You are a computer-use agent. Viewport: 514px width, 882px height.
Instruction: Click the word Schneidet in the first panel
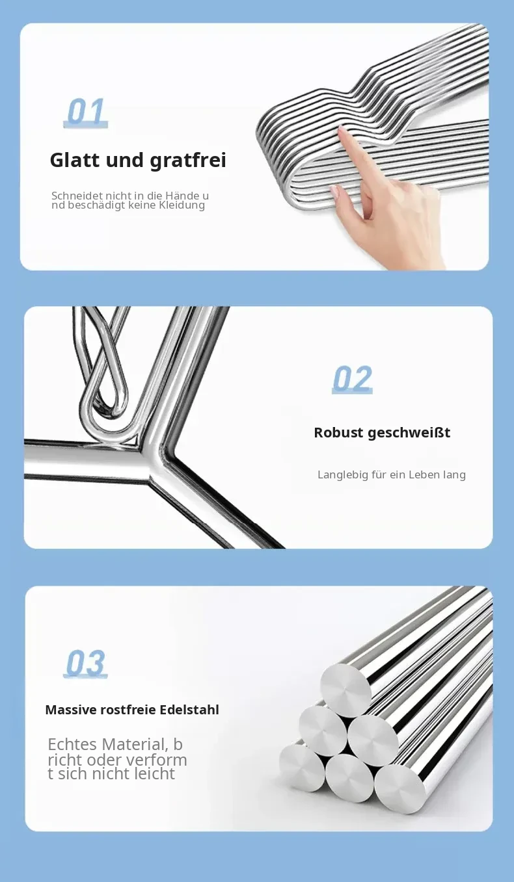(x=77, y=195)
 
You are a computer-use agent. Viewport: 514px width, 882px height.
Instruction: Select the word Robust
(x=338, y=432)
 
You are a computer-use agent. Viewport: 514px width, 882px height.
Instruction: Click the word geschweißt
(x=409, y=433)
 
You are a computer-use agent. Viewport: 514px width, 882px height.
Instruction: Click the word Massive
(x=71, y=710)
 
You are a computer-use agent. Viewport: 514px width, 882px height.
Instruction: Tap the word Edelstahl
(x=189, y=710)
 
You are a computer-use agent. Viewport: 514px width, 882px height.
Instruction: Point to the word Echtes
(x=72, y=745)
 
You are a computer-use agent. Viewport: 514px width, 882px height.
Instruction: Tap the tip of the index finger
(x=342, y=130)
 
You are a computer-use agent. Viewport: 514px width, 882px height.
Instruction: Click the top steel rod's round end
(x=345, y=684)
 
